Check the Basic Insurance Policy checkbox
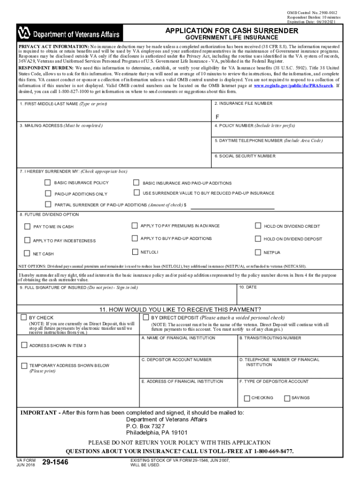pos(48,182)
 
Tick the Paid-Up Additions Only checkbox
pos(48,193)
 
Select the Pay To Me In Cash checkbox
pos(27,226)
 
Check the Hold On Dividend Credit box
pos(258,226)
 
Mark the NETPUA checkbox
pos(258,252)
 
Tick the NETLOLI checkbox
pos(135,252)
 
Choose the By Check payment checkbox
pos(24,317)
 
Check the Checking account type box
pos(247,398)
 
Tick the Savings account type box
pos(287,398)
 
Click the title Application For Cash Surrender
pos(231,30)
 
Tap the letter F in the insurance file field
pos(217,116)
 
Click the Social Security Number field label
pos(245,156)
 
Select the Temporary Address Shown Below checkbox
pos(24,365)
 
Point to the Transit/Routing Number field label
pos(270,338)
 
